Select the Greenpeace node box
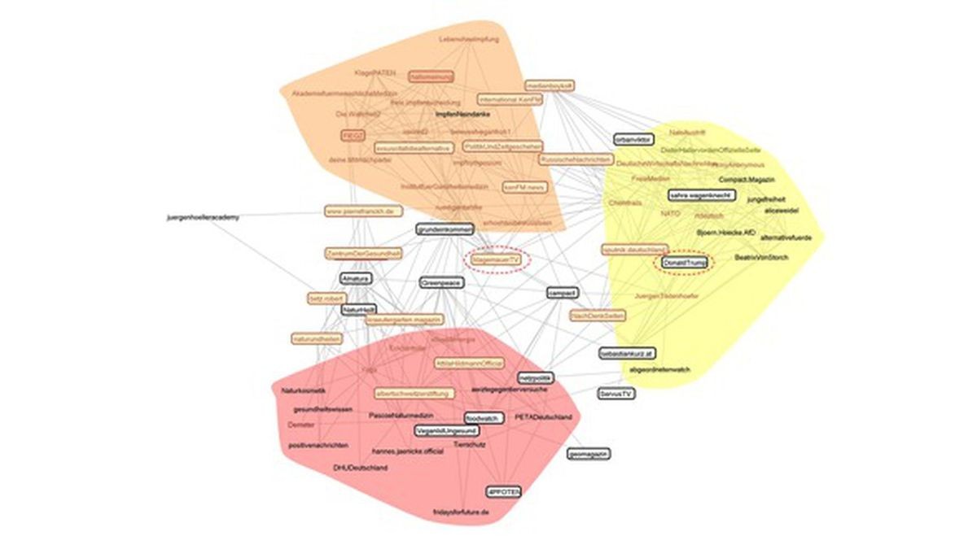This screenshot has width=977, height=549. (x=441, y=283)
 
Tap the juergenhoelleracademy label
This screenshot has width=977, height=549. (x=202, y=217)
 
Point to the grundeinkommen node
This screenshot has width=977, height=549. (x=445, y=230)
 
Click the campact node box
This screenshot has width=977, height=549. (x=562, y=293)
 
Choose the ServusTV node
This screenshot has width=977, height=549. (x=616, y=393)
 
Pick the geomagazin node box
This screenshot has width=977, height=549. (x=590, y=453)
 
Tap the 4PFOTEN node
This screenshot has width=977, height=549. (x=503, y=492)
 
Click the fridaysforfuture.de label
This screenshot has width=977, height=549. (x=461, y=512)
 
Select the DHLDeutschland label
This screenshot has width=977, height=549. (x=360, y=468)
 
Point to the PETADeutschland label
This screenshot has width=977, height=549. (x=543, y=417)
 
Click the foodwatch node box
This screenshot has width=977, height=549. (x=481, y=418)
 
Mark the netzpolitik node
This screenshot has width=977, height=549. (x=535, y=378)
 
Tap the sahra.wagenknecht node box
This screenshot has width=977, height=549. (x=701, y=195)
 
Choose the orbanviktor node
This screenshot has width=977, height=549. (x=634, y=139)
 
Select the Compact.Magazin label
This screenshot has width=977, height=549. (x=747, y=179)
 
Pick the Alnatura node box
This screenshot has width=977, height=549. (x=356, y=279)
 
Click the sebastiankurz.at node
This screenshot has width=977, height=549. (x=627, y=354)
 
